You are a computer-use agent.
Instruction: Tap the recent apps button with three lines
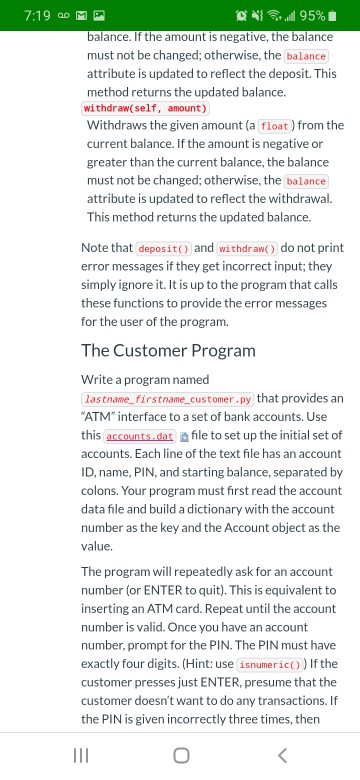pyautogui.click(x=76, y=752)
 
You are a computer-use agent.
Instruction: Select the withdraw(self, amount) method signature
pyautogui.click(x=145, y=108)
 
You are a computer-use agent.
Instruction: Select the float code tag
pyautogui.click(x=274, y=127)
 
